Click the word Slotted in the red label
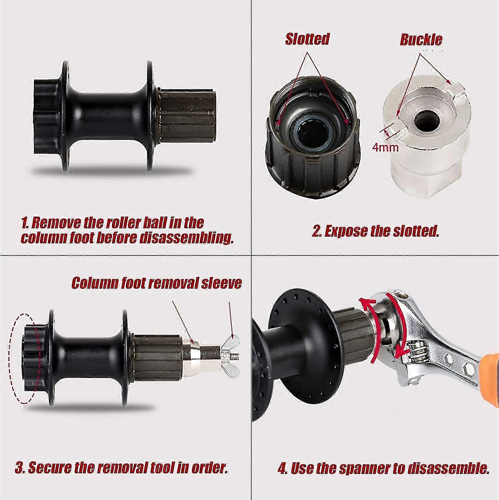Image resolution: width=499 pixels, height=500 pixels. (307, 39)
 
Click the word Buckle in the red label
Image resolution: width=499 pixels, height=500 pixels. (421, 40)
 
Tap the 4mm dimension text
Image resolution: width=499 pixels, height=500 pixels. (385, 147)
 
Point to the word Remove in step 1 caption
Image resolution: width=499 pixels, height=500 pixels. (56, 223)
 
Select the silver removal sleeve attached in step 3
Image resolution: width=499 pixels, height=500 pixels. (192, 353)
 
